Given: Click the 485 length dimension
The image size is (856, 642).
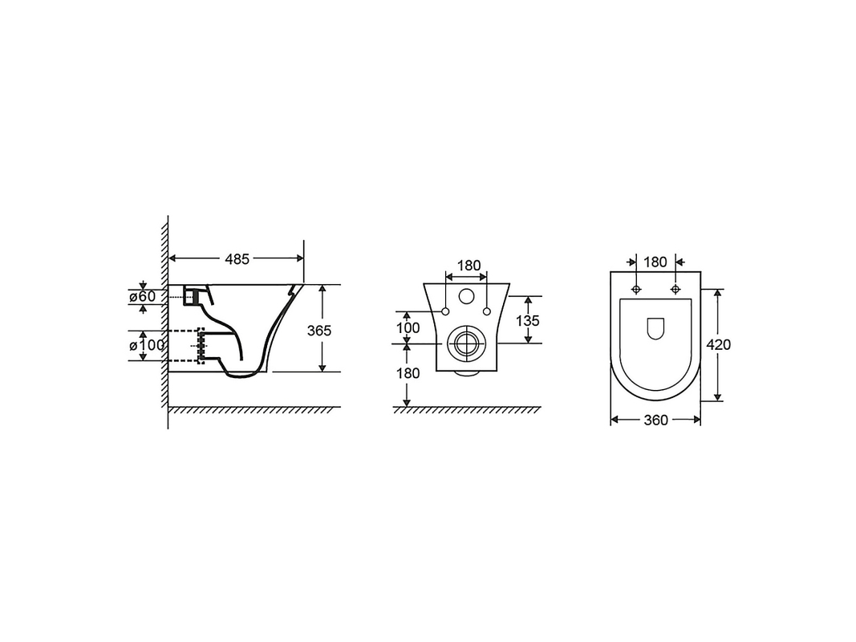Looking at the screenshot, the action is (x=237, y=258).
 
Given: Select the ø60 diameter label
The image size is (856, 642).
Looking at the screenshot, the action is (x=143, y=296).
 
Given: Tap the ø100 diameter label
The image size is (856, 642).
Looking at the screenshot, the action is (x=147, y=345).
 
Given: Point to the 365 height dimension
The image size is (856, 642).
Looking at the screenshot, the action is (x=318, y=331).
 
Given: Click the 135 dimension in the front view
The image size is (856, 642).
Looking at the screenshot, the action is (x=527, y=320).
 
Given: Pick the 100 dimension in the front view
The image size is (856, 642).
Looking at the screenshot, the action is (x=408, y=327).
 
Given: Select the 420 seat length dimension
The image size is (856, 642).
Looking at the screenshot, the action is (x=718, y=344).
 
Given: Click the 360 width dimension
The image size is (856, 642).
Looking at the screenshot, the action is (x=655, y=420).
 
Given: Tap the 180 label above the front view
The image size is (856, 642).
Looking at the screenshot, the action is (x=469, y=266).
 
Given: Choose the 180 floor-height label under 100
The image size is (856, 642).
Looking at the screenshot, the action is (x=408, y=373).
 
